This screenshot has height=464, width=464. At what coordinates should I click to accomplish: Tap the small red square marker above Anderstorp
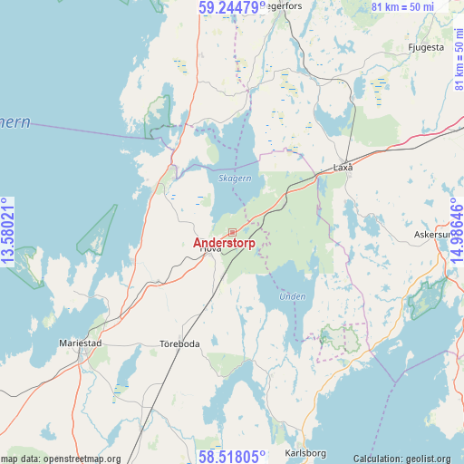click(x=232, y=233)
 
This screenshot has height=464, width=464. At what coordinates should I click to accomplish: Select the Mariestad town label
click(x=81, y=343)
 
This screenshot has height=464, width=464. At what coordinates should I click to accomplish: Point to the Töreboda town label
click(x=178, y=343)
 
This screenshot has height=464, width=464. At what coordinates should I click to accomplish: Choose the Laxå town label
click(x=343, y=168)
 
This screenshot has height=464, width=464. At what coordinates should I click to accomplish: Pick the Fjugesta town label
click(x=426, y=47)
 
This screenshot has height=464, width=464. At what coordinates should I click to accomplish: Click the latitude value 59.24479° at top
click(x=232, y=8)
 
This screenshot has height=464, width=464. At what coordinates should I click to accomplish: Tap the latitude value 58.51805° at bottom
click(x=232, y=456)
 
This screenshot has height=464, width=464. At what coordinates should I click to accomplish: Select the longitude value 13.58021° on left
click(x=9, y=232)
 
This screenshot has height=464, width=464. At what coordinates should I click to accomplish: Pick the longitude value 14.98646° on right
click(x=455, y=232)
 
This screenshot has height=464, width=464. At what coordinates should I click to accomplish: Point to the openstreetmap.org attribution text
click(x=60, y=459)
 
